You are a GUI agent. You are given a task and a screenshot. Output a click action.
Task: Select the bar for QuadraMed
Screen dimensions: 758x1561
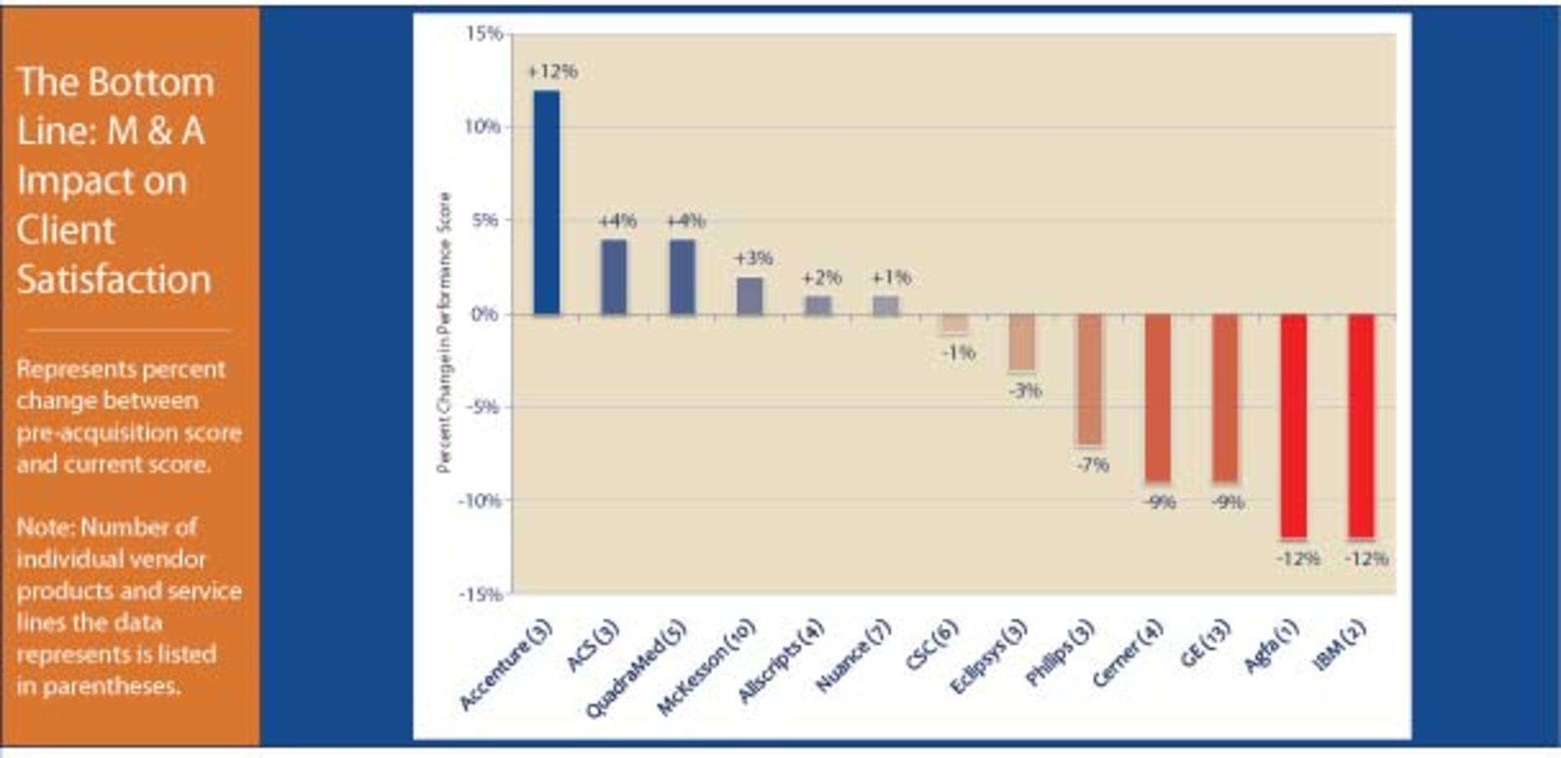pyautogui.click(x=682, y=277)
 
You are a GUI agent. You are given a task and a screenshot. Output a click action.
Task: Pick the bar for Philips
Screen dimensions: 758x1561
pyautogui.click(x=1089, y=379)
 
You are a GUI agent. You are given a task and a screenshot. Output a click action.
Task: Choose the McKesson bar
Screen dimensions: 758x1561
pyautogui.click(x=750, y=295)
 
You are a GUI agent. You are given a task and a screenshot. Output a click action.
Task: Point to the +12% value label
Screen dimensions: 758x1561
pyautogui.click(x=553, y=72)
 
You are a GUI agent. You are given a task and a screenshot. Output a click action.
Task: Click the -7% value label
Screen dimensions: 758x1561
pyautogui.click(x=1093, y=465)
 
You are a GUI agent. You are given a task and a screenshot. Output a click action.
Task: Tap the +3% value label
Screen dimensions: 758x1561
pyautogui.click(x=753, y=259)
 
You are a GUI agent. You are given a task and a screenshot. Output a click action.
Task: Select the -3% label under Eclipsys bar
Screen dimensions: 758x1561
pyautogui.click(x=1025, y=390)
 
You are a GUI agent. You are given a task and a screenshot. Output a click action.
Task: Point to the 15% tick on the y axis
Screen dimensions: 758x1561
pyautogui.click(x=484, y=33)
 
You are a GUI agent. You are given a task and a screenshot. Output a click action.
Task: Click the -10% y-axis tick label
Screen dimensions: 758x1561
pyautogui.click(x=480, y=500)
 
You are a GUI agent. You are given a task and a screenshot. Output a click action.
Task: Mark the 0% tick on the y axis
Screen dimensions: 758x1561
pyautogui.click(x=485, y=314)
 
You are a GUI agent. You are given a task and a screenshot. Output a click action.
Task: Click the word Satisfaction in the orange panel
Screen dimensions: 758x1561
pyautogui.click(x=114, y=279)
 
